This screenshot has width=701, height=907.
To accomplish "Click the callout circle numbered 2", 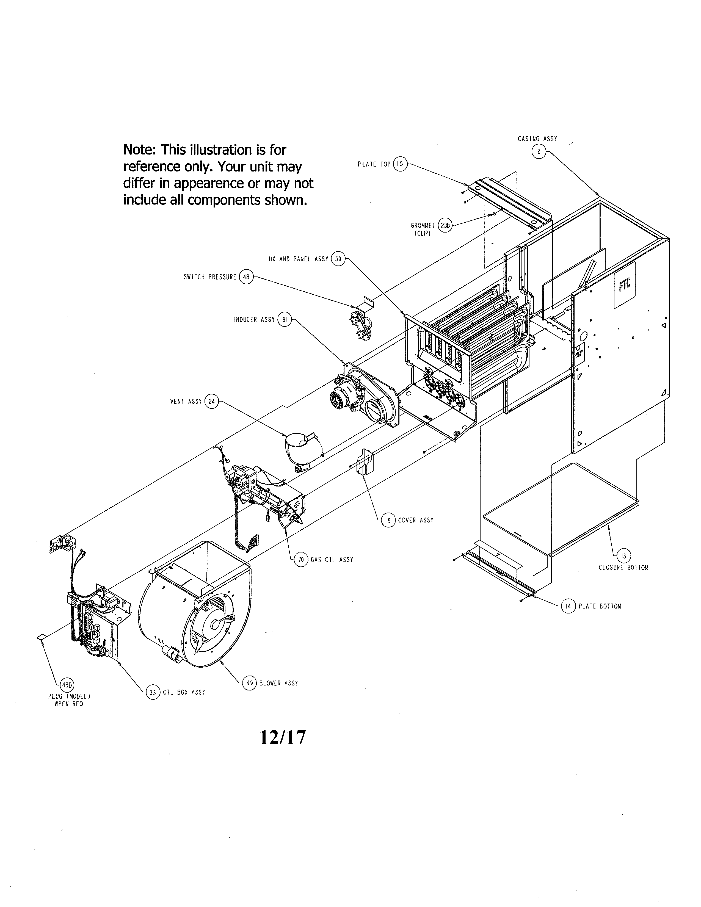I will [539, 152].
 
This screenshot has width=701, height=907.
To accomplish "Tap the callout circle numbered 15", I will [399, 164].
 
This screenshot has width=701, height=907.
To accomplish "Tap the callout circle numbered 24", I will [212, 402].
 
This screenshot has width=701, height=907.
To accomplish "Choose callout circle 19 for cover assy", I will [388, 520].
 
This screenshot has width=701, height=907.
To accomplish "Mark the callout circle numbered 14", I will [568, 606].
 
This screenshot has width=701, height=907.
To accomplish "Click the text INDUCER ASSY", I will [254, 320].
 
